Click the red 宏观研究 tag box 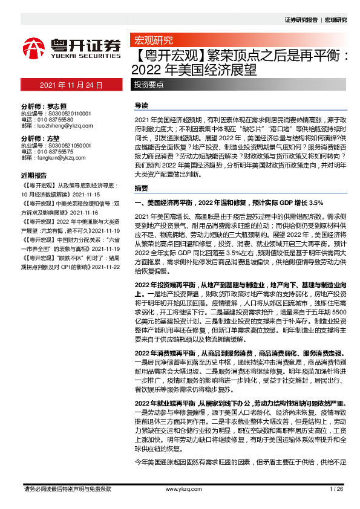[x=152, y=41]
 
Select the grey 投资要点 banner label [x=149, y=85]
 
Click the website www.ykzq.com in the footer [x=180, y=488]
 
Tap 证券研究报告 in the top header [x=301, y=20]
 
